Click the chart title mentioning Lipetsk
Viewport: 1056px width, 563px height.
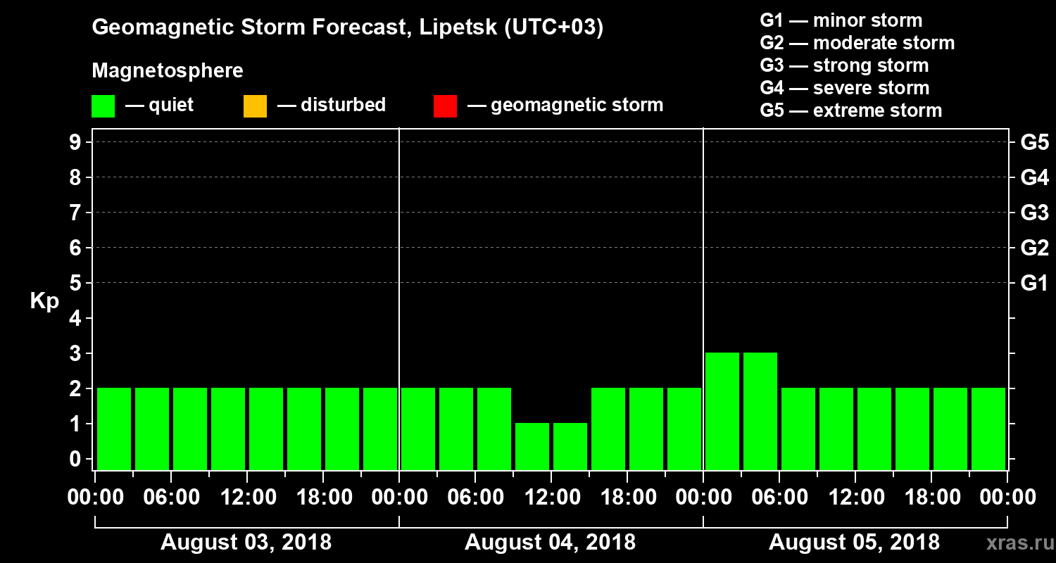(x=348, y=27)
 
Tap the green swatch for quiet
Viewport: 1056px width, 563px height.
(x=103, y=106)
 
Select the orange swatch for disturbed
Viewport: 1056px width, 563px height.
(x=255, y=106)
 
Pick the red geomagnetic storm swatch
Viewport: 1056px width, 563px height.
(x=445, y=106)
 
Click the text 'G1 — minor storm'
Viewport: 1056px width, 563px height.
(x=841, y=20)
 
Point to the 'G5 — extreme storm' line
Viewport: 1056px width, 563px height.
(x=850, y=110)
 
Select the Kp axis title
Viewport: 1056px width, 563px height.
(x=44, y=301)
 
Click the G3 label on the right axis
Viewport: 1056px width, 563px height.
(x=1034, y=213)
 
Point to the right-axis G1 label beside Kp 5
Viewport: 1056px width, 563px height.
(x=1034, y=283)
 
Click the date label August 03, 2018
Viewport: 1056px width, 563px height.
(x=246, y=543)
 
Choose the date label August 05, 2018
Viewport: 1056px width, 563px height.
(x=854, y=543)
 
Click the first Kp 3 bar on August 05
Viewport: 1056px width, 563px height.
(x=722, y=411)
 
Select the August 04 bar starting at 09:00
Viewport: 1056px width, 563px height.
(x=532, y=446)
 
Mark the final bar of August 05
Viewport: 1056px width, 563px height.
(x=988, y=429)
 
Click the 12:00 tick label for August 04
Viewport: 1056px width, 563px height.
(x=551, y=498)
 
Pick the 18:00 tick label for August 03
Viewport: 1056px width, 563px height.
(x=323, y=498)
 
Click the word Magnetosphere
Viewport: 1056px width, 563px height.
(x=168, y=71)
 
